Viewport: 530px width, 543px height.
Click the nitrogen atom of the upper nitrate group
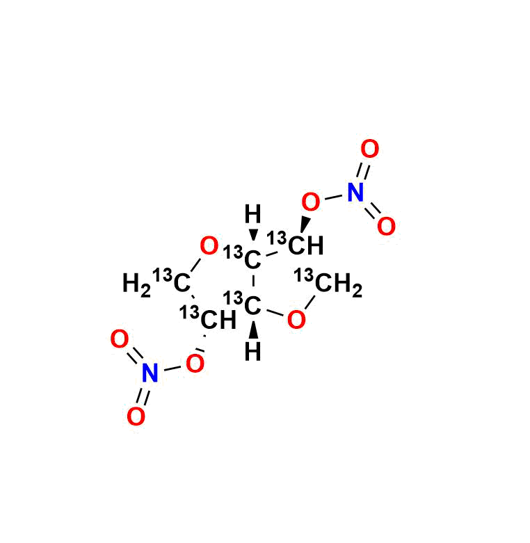tap(355, 193)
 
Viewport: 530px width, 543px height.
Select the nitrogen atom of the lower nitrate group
tap(150, 374)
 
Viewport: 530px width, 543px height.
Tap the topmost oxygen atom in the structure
tap(370, 149)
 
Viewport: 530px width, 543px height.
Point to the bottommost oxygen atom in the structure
tap(136, 416)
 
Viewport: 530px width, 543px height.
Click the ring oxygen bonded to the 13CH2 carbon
tap(296, 320)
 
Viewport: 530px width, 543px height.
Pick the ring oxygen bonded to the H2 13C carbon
tap(209, 245)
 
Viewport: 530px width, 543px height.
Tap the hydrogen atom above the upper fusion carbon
tap(254, 213)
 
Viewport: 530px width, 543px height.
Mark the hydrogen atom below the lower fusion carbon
tap(254, 352)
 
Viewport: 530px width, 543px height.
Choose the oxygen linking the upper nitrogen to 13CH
tap(311, 203)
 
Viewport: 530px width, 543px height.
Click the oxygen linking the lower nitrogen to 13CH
tap(195, 363)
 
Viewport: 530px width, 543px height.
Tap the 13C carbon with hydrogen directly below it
tap(252, 306)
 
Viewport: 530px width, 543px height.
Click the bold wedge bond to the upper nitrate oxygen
tap(305, 225)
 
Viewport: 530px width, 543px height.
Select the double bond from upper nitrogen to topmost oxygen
tap(363, 170)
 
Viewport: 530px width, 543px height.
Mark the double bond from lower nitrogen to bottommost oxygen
tap(143, 396)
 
